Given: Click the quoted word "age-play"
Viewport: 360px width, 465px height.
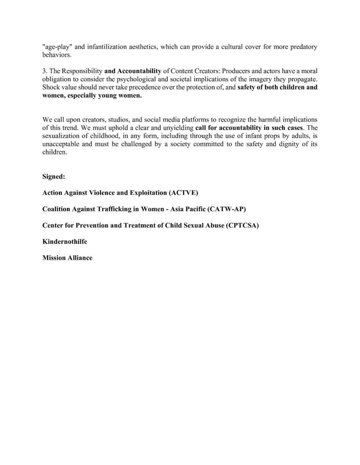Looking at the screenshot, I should point(57,47).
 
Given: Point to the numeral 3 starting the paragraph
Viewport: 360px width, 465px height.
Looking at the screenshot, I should point(44,71).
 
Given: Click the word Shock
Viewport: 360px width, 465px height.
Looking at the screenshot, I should point(51,87).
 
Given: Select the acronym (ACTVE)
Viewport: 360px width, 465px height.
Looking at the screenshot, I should point(183,193).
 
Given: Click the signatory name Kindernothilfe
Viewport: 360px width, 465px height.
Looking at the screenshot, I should point(65,242).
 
